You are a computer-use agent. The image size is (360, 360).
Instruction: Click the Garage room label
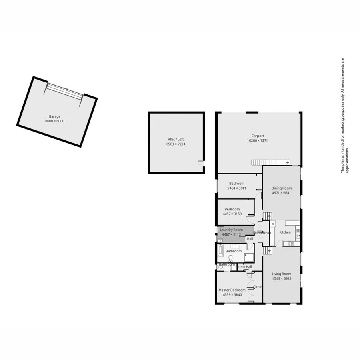pyautogui.click(x=55, y=116)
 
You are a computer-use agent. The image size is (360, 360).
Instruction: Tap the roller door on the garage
pyautogui.click(x=64, y=91)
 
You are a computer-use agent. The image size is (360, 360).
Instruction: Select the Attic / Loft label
pyautogui.click(x=176, y=140)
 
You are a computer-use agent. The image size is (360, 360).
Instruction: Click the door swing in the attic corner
pyautogui.click(x=200, y=163)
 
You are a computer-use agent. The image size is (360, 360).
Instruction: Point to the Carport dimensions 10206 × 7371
pyautogui.click(x=257, y=140)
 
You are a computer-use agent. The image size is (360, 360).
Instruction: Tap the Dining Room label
pyautogui.click(x=281, y=188)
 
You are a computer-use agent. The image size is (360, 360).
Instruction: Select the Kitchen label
pyautogui.click(x=285, y=232)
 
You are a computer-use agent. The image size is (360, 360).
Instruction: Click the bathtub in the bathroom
pyautogui.click(x=220, y=251)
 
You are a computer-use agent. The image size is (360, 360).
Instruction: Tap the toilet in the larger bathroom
pyautogui.click(x=230, y=257)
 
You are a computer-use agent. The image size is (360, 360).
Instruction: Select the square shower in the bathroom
pyautogui.click(x=249, y=258)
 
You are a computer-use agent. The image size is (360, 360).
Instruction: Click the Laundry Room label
pyautogui.click(x=231, y=230)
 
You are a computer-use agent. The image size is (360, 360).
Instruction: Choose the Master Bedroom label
pyautogui.click(x=232, y=290)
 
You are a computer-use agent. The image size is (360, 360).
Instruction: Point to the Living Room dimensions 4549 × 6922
pyautogui.click(x=281, y=278)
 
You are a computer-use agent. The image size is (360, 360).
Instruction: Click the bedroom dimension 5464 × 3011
pyautogui.click(x=236, y=188)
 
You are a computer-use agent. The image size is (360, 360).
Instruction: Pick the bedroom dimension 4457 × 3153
pyautogui.click(x=232, y=214)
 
